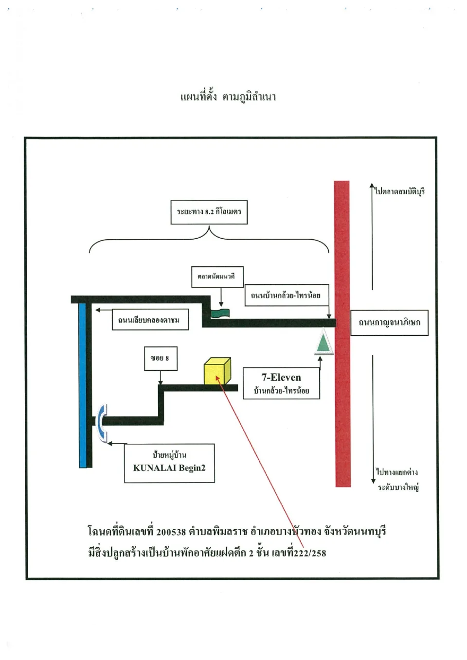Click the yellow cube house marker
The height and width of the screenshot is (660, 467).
pos(217,371)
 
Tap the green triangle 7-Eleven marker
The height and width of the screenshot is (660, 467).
pos(323,342)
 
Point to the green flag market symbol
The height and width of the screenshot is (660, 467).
pos(220,313)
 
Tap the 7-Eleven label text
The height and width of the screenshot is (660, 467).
pos(281,378)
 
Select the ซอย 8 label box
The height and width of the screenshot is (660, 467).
pos(161,358)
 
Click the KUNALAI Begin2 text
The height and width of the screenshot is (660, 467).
pos(169,468)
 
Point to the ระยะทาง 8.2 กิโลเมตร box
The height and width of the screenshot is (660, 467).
pos(209,212)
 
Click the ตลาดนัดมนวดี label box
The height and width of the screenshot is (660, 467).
pos(217,277)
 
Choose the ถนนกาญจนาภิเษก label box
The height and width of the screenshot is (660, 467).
pos(389,323)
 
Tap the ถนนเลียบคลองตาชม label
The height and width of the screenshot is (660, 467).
pos(150,319)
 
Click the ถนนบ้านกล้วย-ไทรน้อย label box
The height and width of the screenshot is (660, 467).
pos(287,295)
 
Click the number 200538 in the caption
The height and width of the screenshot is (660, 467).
pos(171,532)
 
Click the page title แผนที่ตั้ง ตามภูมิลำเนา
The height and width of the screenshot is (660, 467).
pos(228,97)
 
